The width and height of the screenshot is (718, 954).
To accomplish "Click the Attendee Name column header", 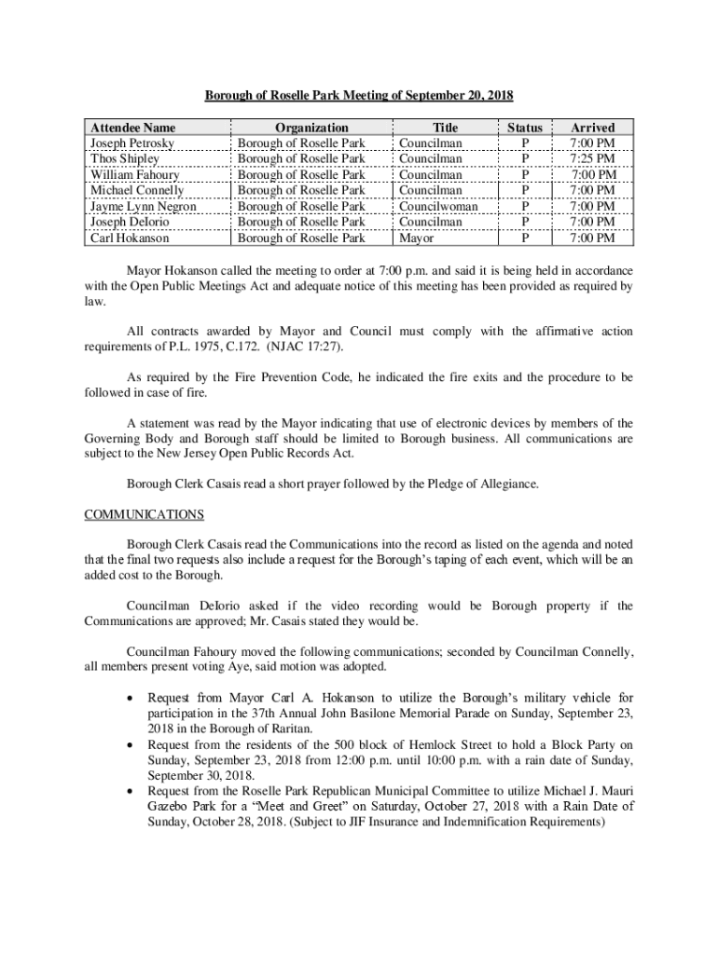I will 132,128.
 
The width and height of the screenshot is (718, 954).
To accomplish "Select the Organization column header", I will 311,128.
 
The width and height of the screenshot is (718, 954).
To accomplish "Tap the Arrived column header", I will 593,128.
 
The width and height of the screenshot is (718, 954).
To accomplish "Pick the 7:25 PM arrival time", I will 594,159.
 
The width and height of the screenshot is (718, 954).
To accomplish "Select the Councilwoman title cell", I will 438,207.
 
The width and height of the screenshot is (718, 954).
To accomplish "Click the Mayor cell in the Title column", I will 416,238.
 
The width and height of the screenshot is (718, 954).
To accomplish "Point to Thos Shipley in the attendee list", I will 124,159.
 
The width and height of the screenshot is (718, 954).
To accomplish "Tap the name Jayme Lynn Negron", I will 144,207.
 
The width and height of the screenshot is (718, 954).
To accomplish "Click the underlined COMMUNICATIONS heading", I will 144,514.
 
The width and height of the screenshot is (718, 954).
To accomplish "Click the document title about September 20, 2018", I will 359,96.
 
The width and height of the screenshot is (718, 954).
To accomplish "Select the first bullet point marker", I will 128,698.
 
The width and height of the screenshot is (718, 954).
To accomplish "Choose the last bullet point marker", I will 128,791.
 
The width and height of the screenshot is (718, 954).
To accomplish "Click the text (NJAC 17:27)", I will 277,347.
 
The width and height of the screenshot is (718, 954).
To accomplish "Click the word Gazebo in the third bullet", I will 172,807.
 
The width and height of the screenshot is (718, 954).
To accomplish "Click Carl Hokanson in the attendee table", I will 130,238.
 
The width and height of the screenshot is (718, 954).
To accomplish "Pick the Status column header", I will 525,128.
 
